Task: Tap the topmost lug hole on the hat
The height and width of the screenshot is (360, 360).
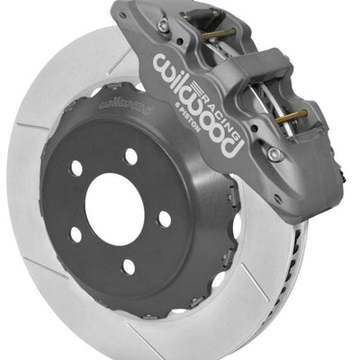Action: pos(132,157)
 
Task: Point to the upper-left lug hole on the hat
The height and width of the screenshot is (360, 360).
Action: pos(76,168)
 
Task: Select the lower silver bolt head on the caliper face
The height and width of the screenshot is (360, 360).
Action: pos(274,154)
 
